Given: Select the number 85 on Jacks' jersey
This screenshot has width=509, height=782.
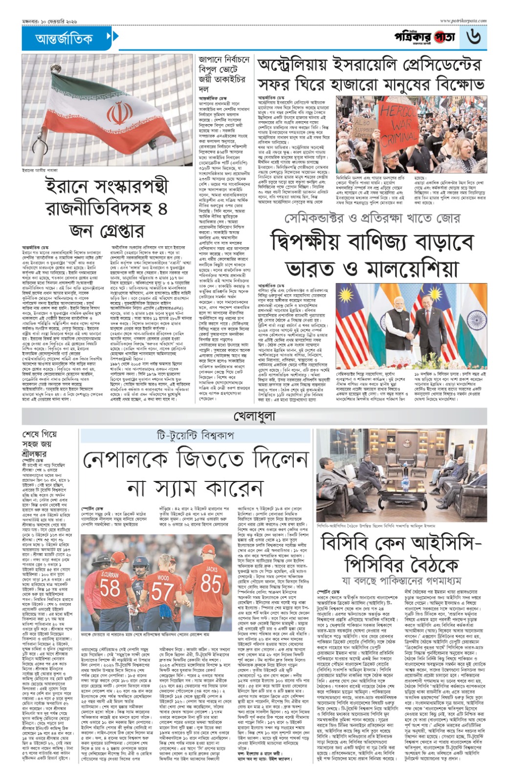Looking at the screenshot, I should point(211,584).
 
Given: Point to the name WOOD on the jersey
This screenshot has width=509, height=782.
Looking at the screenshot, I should point(163,578).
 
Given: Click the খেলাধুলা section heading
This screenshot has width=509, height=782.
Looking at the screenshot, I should point(254,416).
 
